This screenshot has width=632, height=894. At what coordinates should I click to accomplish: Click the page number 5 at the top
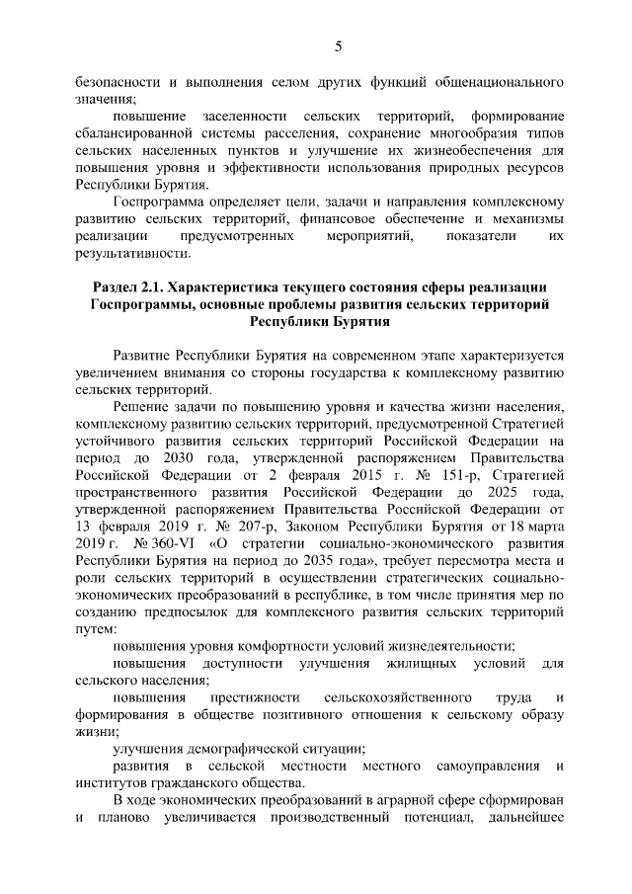click(338, 46)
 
